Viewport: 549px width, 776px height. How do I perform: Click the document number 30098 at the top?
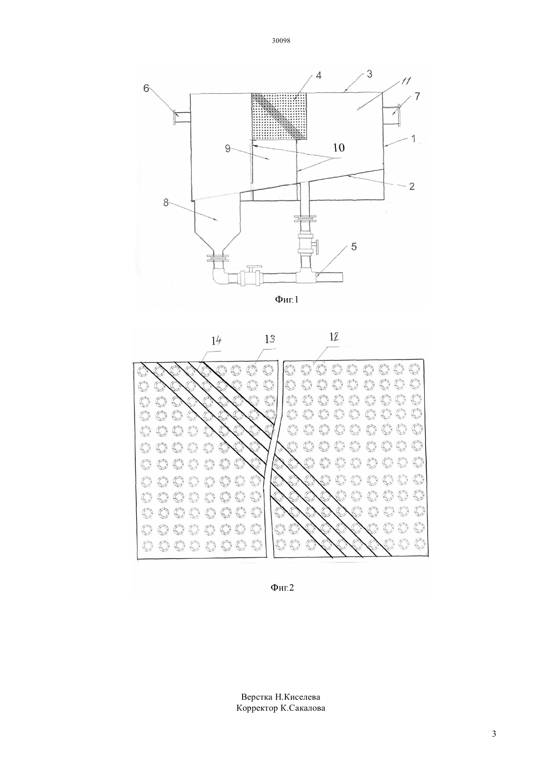tap(281, 40)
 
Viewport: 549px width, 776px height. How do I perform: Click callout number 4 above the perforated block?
tap(318, 75)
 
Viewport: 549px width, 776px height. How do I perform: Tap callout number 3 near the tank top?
tap(369, 74)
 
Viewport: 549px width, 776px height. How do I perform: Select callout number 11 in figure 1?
tap(405, 82)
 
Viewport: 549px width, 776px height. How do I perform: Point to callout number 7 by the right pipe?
tap(417, 96)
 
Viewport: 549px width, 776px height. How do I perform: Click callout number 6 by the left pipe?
tap(146, 88)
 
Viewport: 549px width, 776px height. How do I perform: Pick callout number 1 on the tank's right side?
tap(413, 139)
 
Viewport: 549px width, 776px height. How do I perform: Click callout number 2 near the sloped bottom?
tap(411, 186)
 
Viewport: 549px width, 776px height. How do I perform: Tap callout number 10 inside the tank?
tap(339, 148)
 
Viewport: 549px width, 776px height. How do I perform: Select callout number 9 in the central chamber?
tap(228, 149)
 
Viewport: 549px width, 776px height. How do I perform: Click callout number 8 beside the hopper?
tap(166, 202)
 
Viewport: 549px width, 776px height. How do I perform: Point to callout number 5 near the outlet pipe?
tap(353, 247)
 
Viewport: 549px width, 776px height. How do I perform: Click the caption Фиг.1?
tap(286, 299)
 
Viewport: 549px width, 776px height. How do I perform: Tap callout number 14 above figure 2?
tap(216, 341)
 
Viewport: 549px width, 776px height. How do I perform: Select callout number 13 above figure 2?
tap(270, 339)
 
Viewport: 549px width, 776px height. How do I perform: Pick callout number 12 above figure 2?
tap(334, 337)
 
